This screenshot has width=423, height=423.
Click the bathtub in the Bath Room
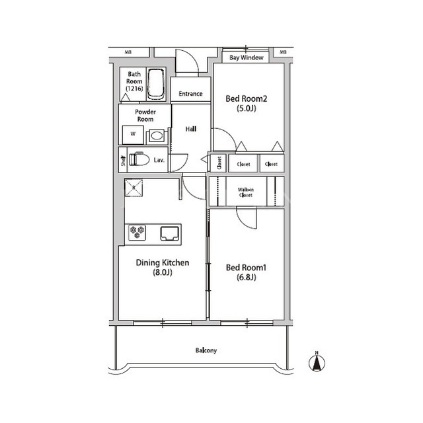[156, 85]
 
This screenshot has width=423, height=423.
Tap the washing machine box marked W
[133, 135]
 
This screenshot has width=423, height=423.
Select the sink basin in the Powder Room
[157, 135]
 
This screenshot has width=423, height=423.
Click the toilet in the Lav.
[139, 160]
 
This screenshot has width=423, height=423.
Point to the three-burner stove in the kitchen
[137, 233]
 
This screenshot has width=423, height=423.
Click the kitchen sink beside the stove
[170, 233]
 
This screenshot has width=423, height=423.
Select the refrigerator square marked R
[134, 188]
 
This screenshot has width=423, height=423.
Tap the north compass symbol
[317, 362]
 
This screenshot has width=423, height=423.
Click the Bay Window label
[247, 58]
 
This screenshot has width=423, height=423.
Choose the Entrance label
[190, 94]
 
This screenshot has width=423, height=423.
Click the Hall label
[191, 130]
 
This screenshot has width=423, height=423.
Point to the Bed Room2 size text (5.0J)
[247, 108]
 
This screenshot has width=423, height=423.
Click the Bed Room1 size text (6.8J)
[247, 278]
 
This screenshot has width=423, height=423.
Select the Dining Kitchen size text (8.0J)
[163, 272]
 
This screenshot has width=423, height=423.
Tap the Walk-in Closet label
[246, 192]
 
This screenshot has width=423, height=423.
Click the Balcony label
[206, 350]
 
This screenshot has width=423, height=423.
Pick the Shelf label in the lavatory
[124, 161]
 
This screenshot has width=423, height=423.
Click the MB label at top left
[128, 52]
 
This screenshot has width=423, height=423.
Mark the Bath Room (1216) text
[134, 81]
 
